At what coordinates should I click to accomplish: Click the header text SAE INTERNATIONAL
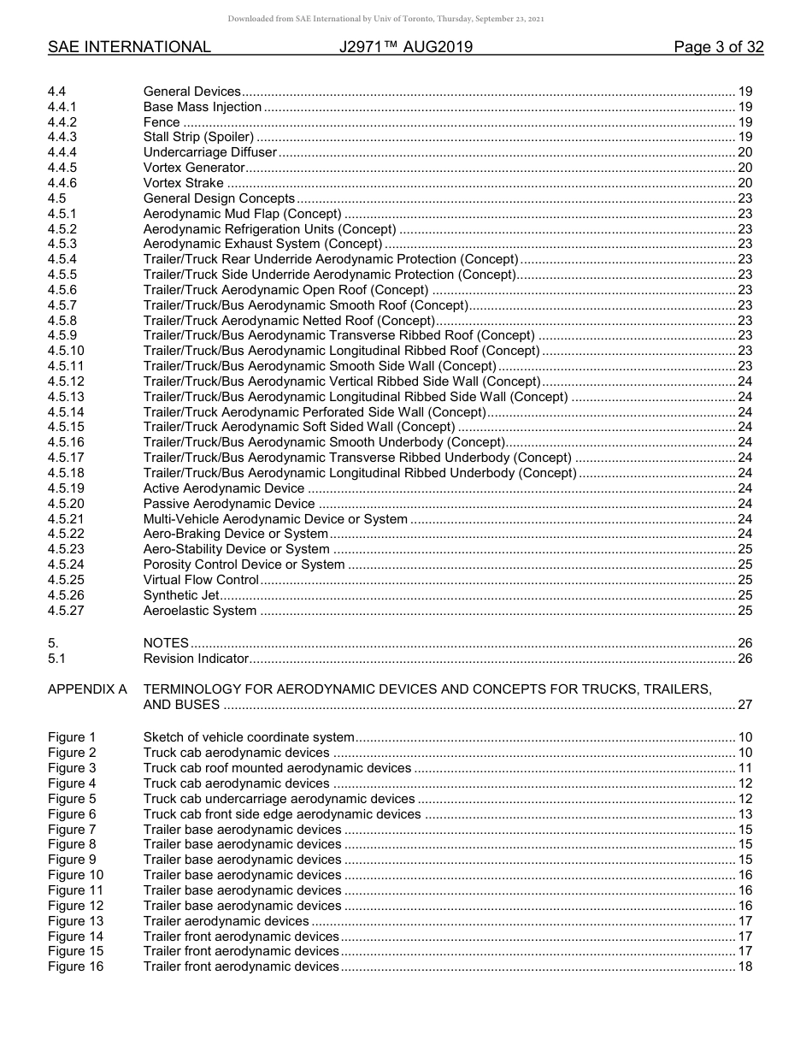(x=129, y=47)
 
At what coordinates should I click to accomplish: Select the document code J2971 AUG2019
(x=405, y=47)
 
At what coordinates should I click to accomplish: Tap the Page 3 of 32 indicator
(x=718, y=47)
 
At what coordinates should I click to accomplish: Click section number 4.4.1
(x=62, y=107)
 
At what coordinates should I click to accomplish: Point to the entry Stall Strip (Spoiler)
(x=198, y=137)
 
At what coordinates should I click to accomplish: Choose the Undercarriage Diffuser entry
(x=210, y=152)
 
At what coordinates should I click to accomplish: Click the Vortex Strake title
(x=183, y=183)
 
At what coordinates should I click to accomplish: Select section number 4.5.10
(x=66, y=351)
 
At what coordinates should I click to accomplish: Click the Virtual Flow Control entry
(x=201, y=580)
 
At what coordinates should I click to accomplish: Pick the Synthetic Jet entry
(x=181, y=595)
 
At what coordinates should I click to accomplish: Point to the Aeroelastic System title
(x=199, y=611)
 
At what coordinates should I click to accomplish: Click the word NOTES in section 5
(x=166, y=643)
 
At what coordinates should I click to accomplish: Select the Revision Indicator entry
(x=196, y=659)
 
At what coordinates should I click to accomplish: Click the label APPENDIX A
(x=87, y=689)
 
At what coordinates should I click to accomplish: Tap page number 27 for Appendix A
(x=744, y=705)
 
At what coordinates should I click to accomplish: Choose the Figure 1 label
(x=72, y=737)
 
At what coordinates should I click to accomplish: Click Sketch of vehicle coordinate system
(x=249, y=737)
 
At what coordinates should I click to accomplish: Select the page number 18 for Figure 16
(x=744, y=966)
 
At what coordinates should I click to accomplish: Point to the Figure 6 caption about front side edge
(x=282, y=814)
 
